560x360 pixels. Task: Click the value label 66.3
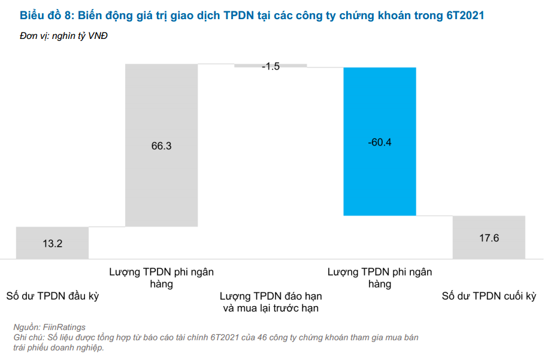coord(161,146)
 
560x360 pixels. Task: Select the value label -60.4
coord(379,143)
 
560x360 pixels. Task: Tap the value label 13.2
coord(52,244)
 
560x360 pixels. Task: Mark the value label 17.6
coord(489,238)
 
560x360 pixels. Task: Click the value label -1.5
coord(271,66)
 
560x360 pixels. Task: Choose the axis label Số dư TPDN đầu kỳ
coord(52,296)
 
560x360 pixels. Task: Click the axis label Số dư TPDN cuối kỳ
coord(489,296)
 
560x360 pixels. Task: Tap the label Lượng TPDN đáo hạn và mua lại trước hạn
coord(271,302)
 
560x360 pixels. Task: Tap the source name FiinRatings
coord(65,327)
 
